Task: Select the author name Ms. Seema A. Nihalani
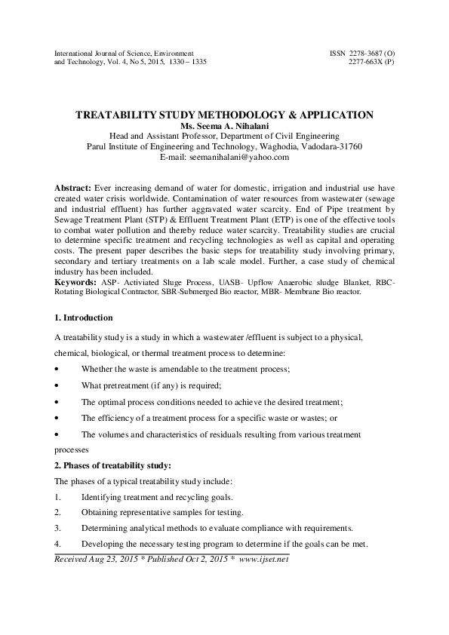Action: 224,126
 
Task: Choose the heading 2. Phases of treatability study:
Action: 114,464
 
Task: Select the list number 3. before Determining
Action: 59,526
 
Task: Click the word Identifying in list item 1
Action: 104,497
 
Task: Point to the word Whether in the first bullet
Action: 100,368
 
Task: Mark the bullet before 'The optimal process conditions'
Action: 58,402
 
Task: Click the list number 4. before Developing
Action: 59,543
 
